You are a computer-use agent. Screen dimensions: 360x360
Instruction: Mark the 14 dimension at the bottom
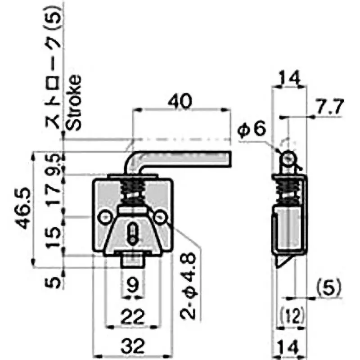(289, 347)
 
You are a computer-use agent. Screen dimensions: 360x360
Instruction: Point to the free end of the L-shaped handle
(228, 159)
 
